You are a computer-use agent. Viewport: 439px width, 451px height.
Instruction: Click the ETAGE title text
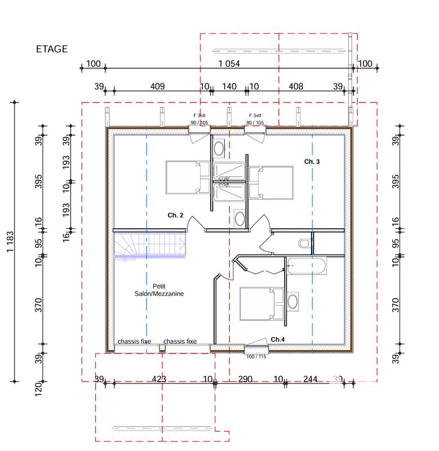pos(52,49)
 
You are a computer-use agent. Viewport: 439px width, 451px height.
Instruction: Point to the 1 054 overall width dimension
pos(229,64)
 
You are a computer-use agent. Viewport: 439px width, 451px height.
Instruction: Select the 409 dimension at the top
pos(157,86)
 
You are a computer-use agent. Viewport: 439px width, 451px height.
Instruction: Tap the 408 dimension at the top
pos(296,86)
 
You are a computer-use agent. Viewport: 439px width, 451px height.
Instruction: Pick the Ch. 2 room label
pos(175,215)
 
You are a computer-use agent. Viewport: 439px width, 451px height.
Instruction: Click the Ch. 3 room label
pos(312,162)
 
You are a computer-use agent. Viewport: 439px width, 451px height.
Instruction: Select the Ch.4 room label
pos(278,339)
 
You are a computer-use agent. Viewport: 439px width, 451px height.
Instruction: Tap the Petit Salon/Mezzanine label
pos(159,290)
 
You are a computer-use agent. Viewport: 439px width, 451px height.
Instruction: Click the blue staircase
pos(150,245)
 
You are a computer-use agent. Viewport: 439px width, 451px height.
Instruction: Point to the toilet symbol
pos(305,243)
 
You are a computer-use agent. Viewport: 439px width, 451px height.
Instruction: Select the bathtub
pos(307,266)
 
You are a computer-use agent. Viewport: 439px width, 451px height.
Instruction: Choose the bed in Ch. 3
pos(272,182)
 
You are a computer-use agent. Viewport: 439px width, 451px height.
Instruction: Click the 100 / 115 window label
pos(256,356)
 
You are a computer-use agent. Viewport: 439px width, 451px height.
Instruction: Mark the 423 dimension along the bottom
pos(159,379)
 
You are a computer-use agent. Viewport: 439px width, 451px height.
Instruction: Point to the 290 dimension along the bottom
pos(245,379)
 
